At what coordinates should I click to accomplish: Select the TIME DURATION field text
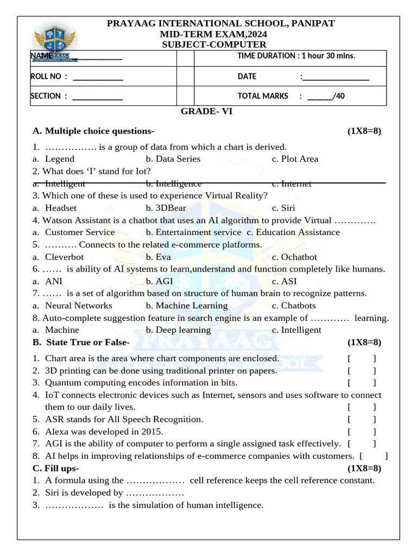tap(296, 56)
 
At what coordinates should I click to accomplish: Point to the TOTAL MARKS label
tap(263, 96)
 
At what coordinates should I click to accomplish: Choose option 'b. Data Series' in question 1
tap(173, 159)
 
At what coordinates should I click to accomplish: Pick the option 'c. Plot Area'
tap(295, 159)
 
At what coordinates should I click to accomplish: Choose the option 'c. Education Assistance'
tap(293, 232)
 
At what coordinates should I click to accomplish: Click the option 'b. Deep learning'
tap(178, 330)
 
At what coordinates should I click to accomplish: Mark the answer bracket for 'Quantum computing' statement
tap(362, 383)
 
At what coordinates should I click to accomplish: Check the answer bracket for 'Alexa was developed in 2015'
tap(362, 432)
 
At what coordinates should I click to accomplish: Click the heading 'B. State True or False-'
tap(81, 343)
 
